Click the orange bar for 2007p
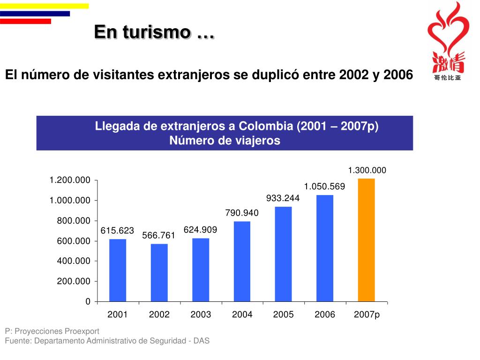click(x=366, y=240)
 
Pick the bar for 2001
click(x=118, y=270)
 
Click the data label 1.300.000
click(x=367, y=171)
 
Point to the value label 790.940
click(x=242, y=213)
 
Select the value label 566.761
click(x=158, y=236)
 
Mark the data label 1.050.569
click(x=324, y=187)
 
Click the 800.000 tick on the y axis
click(x=74, y=221)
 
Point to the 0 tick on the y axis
click(x=88, y=302)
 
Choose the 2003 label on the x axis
click(x=201, y=315)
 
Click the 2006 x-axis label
click(x=325, y=315)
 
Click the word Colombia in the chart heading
click(x=266, y=127)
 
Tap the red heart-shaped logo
click(x=447, y=33)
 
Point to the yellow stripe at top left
click(x=44, y=6)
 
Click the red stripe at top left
click(x=25, y=21)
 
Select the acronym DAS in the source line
click(x=202, y=341)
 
